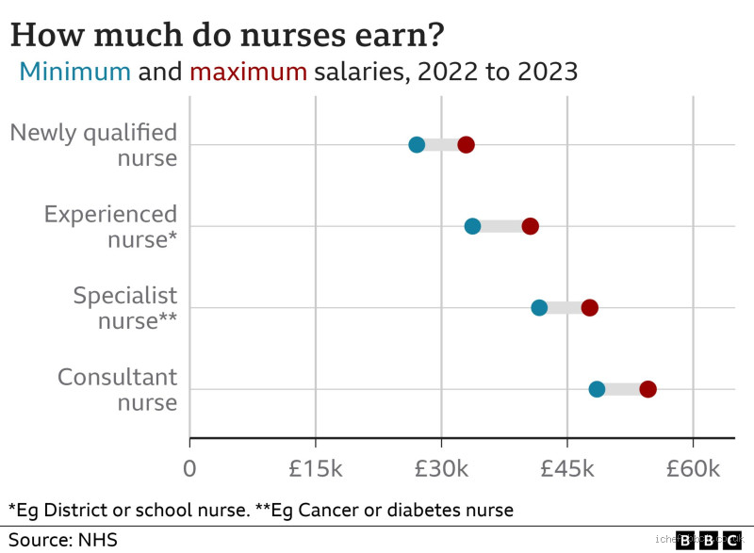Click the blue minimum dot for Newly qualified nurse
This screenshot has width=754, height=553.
point(417,144)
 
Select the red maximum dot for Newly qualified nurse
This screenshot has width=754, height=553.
point(466,144)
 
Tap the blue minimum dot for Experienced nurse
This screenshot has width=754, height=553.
point(472,226)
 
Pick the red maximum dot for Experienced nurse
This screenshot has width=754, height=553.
point(531,226)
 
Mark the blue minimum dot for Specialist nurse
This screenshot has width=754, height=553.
point(539,308)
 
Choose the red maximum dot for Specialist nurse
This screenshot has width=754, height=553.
point(590,308)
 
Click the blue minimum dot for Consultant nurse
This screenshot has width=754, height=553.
point(597,389)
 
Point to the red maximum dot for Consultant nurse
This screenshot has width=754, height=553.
point(647,389)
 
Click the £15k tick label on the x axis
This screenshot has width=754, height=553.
point(315,468)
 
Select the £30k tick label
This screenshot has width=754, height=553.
point(441,468)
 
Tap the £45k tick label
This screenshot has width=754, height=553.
point(566,468)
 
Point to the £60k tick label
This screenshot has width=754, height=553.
point(693,468)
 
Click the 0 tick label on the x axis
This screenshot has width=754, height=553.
point(189,468)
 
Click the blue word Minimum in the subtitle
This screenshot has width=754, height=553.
point(75,72)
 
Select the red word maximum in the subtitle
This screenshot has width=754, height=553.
point(249,72)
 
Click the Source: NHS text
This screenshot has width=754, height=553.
point(63,540)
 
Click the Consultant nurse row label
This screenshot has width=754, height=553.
point(118,389)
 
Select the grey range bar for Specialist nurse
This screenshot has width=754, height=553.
point(565,308)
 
